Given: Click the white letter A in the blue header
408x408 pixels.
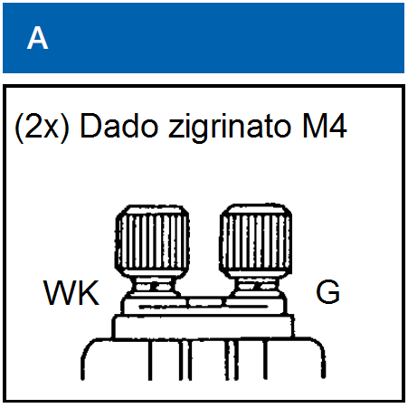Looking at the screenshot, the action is (37, 38).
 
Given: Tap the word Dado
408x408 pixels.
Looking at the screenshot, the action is (119, 127).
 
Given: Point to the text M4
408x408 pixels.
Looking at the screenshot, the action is (324, 127).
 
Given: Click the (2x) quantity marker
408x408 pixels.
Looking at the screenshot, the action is (42, 128).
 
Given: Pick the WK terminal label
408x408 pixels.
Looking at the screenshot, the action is (71, 293).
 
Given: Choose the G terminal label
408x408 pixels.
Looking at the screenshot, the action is (327, 291).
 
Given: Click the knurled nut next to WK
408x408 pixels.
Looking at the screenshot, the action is (152, 241).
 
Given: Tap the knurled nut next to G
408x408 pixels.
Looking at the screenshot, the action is (256, 241).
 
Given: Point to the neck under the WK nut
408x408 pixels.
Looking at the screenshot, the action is (154, 286).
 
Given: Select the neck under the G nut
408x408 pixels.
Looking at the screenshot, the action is (257, 286).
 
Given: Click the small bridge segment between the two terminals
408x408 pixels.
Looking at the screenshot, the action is (205, 302).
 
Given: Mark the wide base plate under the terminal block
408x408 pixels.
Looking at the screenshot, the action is (203, 327).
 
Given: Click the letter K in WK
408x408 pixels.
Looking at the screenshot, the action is (88, 293).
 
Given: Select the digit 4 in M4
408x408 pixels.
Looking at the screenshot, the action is (337, 127).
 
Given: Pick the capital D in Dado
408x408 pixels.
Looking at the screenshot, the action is (90, 127).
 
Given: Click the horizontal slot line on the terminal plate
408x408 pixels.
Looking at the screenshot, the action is (203, 307).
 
